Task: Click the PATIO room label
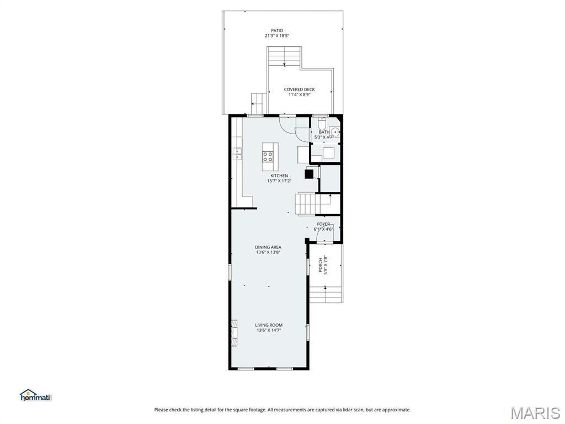(x=276, y=30)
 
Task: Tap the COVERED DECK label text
(x=299, y=89)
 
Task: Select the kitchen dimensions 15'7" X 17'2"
(x=279, y=181)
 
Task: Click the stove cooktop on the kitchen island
(x=269, y=156)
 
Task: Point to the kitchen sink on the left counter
(x=237, y=154)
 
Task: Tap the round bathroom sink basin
(x=335, y=132)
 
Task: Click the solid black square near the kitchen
(x=309, y=174)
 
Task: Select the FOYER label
(x=323, y=224)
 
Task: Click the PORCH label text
(x=320, y=265)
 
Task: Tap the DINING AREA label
(x=268, y=247)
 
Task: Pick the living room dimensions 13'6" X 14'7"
(x=269, y=330)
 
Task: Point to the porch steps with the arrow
(x=325, y=294)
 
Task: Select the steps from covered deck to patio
(x=285, y=57)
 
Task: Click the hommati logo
(x=35, y=395)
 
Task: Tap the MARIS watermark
(x=535, y=412)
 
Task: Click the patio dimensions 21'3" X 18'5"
(x=276, y=36)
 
